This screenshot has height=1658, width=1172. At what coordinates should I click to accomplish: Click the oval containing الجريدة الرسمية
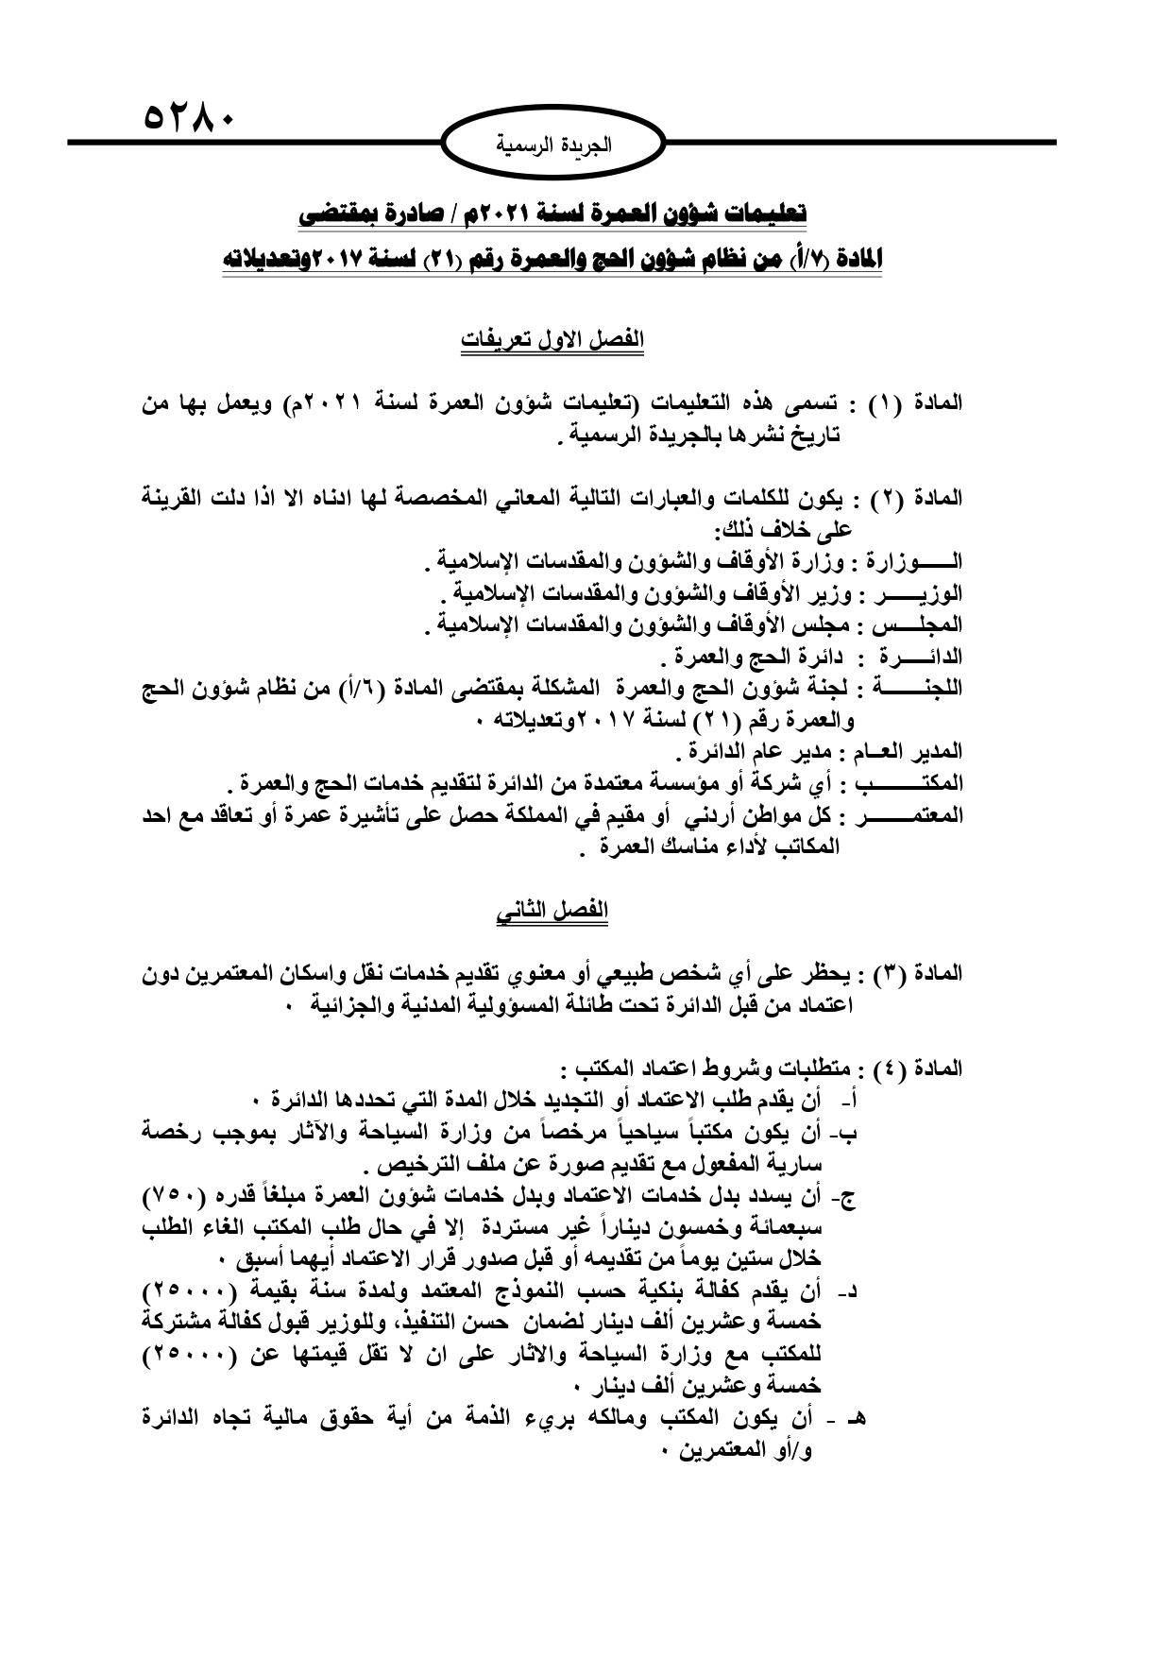pos(554,145)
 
